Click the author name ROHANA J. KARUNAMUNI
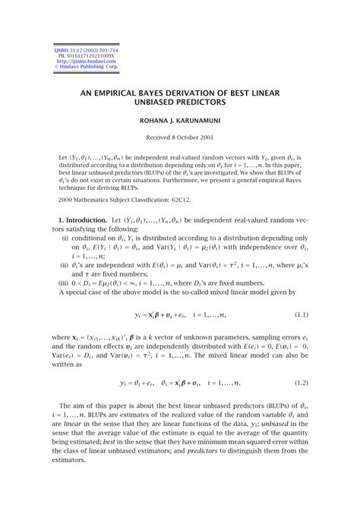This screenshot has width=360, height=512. coord(180,121)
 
